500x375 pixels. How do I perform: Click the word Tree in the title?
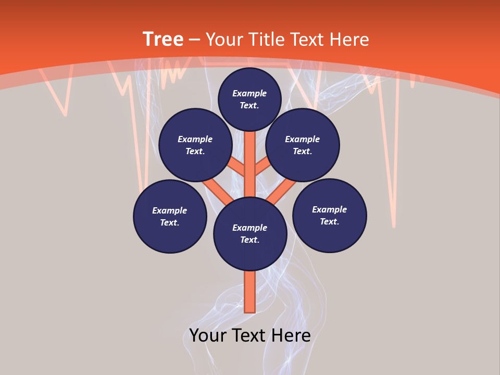162,40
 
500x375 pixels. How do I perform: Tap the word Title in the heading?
266,40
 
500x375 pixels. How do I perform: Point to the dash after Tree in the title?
194,40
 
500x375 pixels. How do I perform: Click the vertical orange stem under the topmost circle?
250,156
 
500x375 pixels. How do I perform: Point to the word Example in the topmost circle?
249,93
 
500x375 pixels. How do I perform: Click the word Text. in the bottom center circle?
249,240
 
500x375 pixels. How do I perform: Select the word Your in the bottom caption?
208,335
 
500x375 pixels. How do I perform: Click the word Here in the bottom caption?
291,335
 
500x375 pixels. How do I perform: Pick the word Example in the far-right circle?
329,209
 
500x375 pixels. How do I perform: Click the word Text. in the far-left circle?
170,222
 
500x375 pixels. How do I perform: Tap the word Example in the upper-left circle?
195,139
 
